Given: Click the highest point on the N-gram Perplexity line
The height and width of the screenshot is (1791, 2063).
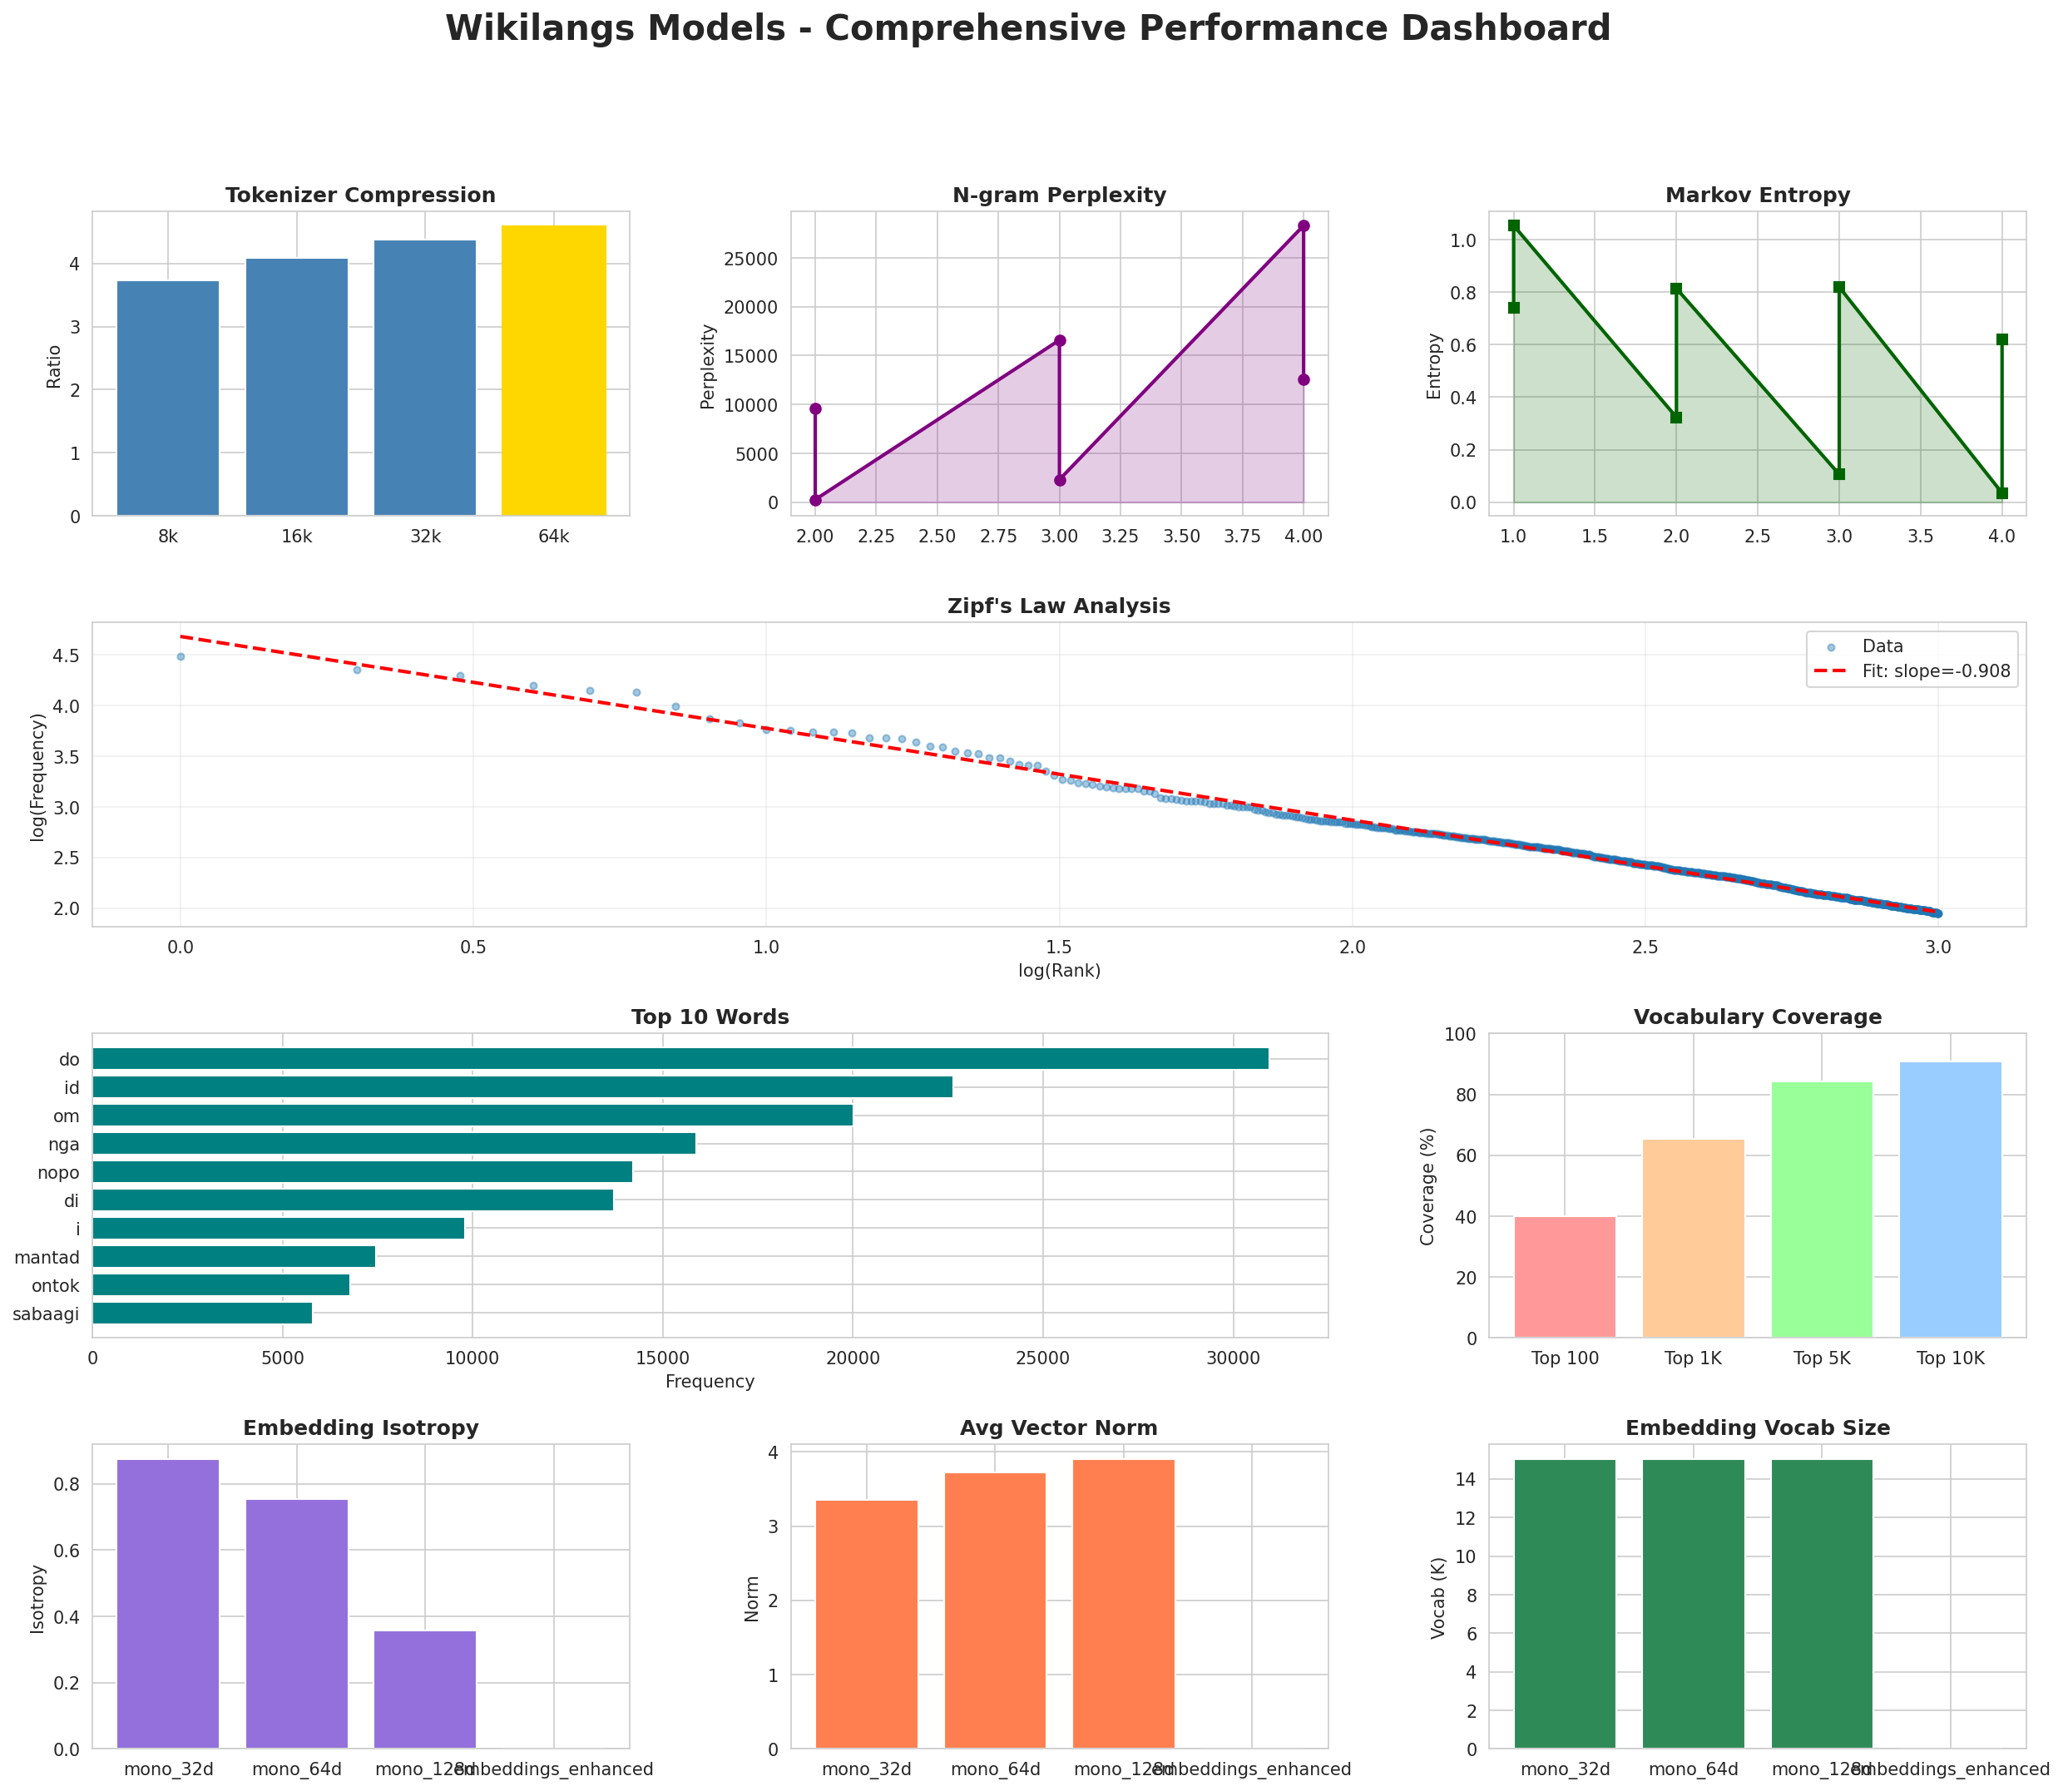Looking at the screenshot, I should click(x=1304, y=226).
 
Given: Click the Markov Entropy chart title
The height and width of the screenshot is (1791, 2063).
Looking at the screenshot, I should click(x=1757, y=195).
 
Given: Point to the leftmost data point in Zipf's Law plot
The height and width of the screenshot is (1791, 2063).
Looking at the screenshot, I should click(x=181, y=656).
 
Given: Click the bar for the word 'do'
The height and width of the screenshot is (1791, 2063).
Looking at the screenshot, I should click(x=680, y=1058).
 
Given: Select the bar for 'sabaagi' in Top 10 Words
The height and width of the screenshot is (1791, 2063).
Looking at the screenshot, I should click(x=202, y=1314).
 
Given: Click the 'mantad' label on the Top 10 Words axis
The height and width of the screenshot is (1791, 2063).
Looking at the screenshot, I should click(x=47, y=1257).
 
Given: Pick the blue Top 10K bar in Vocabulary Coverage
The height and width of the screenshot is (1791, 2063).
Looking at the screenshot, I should click(x=1949, y=1200).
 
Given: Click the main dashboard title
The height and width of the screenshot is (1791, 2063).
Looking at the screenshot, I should click(x=1027, y=28).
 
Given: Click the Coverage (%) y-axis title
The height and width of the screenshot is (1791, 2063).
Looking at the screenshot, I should click(x=1427, y=1185).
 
